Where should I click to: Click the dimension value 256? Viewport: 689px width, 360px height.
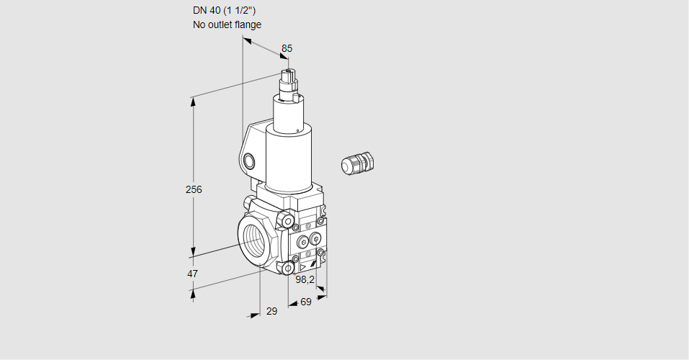click(194, 189)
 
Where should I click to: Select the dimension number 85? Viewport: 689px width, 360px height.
click(287, 48)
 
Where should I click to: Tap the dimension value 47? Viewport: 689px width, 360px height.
click(192, 274)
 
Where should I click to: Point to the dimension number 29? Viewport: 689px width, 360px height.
click(272, 311)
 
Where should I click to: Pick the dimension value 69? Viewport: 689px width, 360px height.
click(306, 302)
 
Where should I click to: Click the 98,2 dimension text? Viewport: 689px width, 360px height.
click(305, 279)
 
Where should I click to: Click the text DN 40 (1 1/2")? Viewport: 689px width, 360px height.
click(224, 11)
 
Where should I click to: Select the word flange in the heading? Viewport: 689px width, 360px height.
click(248, 24)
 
